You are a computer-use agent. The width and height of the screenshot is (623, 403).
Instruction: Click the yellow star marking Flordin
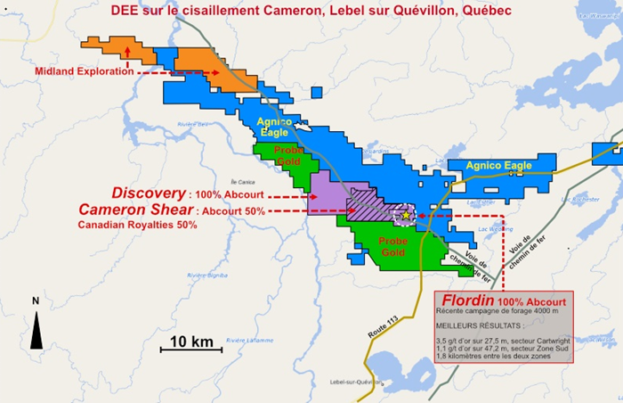click(406, 215)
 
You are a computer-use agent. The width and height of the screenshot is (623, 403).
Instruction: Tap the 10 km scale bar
click(190, 348)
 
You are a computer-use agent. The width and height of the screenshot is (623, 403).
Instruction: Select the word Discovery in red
click(148, 193)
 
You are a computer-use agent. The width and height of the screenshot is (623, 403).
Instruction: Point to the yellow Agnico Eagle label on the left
click(272, 127)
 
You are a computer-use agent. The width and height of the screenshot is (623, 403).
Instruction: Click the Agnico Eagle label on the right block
click(498, 166)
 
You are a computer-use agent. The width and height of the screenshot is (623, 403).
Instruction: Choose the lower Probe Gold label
click(392, 247)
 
